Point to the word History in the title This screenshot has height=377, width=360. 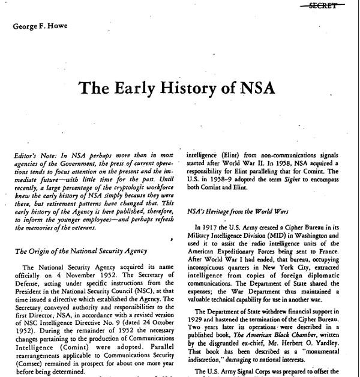(x=197, y=88)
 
